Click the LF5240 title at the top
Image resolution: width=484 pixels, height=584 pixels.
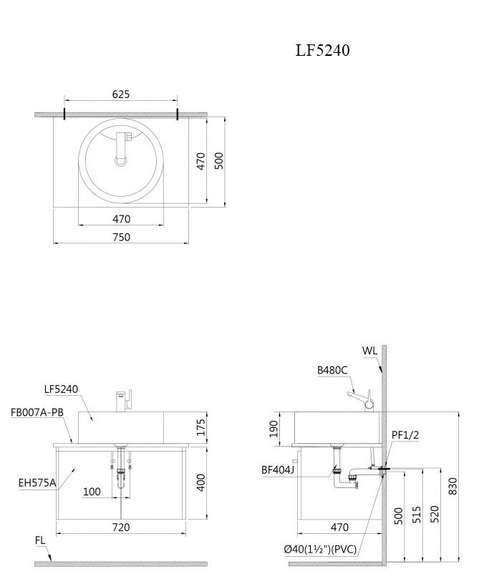(x=323, y=50)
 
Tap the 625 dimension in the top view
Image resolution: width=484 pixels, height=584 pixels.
(x=121, y=94)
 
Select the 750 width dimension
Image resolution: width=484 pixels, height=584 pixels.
(x=122, y=237)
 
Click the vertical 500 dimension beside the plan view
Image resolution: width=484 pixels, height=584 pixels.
(x=220, y=161)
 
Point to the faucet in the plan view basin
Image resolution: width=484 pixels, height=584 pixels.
(x=122, y=148)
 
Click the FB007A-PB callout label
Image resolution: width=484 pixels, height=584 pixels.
(x=37, y=412)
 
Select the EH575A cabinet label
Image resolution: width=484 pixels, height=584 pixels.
(x=37, y=483)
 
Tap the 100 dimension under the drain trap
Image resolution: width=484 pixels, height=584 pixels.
(x=92, y=492)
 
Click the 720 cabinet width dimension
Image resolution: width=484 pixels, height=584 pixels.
(x=121, y=527)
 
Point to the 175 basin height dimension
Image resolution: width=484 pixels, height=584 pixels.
(x=200, y=427)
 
